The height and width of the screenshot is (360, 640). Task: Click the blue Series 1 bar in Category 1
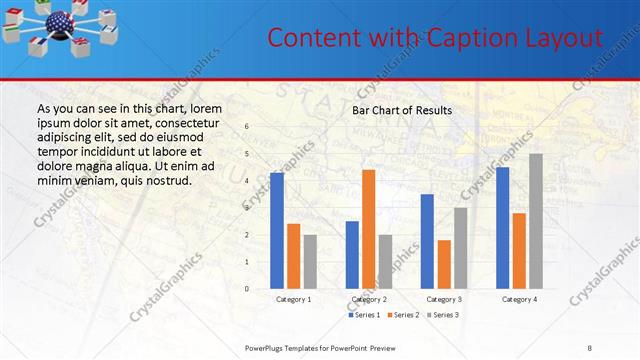coord(277,231)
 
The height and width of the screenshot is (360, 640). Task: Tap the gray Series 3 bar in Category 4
coord(536,221)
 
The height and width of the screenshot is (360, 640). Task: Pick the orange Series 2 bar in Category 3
coord(444,264)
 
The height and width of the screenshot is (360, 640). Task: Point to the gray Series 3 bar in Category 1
coord(310,262)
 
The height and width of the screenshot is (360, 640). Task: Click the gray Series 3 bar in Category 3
coord(461,248)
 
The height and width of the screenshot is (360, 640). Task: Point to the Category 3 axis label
coord(444,299)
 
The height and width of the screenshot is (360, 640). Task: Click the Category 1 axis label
coord(293,299)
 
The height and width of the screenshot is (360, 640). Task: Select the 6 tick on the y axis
coord(247,127)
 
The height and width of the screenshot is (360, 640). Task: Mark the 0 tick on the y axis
coord(247,289)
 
